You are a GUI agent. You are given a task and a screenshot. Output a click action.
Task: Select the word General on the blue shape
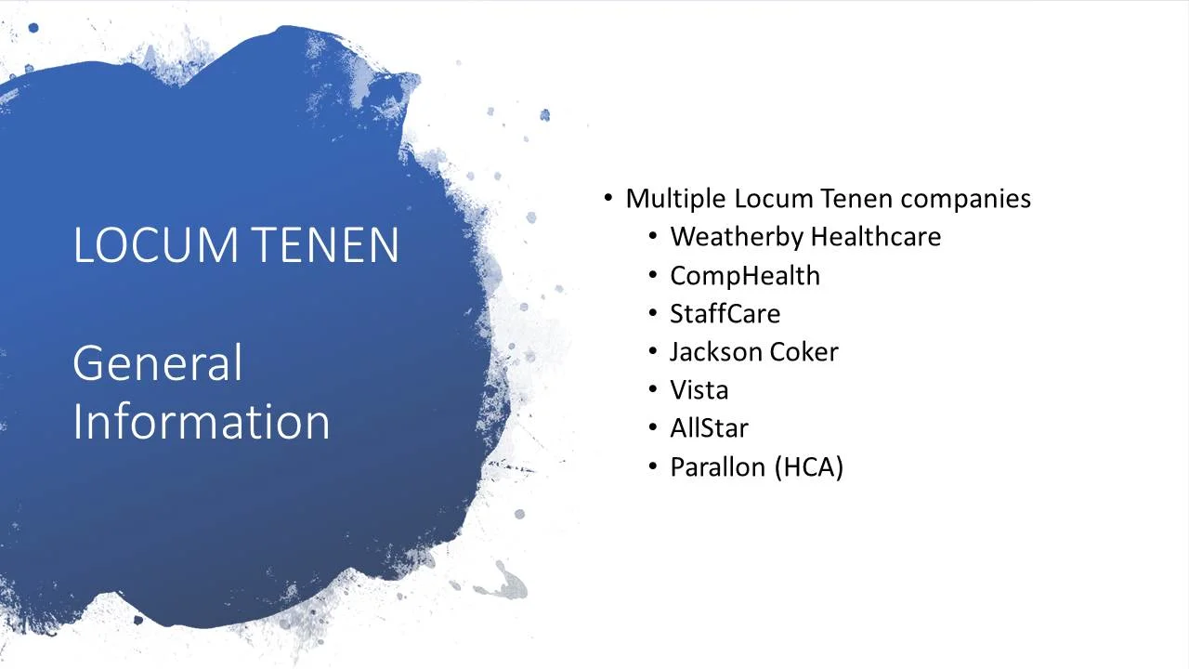pos(157,363)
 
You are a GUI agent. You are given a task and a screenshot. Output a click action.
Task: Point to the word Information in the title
pos(201,421)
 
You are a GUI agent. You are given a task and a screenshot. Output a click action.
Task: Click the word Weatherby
pos(736,237)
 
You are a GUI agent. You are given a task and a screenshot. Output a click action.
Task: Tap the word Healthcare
pos(876,237)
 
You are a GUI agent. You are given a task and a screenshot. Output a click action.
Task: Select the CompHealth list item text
pos(745,276)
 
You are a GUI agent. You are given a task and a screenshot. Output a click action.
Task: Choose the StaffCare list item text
pos(725,314)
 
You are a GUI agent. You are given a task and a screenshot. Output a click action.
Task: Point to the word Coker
pos(804,352)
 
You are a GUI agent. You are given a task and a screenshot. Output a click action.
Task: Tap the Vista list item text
pos(699,390)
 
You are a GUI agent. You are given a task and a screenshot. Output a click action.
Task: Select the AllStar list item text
pos(709,428)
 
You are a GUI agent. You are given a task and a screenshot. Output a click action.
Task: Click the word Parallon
pos(718,466)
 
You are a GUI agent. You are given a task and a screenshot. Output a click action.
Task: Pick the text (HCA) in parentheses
pos(808,466)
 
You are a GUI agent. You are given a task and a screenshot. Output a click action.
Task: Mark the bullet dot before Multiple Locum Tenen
pos(608,198)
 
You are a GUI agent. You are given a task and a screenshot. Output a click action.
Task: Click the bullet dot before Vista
pos(653,390)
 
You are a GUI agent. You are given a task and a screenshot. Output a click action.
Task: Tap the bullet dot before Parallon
pos(653,466)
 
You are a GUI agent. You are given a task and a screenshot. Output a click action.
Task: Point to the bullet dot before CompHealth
pos(653,275)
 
